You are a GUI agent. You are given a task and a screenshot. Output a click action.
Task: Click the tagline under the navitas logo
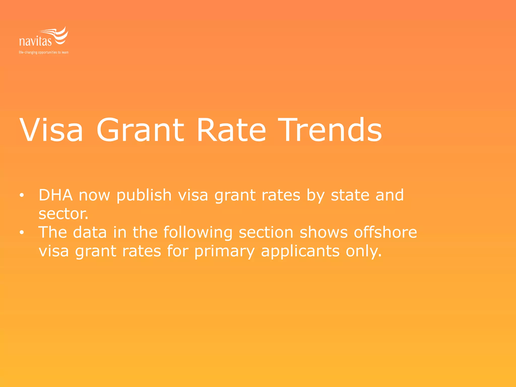click(44, 52)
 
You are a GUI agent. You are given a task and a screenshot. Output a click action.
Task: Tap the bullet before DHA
click(22, 195)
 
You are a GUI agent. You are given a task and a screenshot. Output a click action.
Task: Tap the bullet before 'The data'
click(22, 232)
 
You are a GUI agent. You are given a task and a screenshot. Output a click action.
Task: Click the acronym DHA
click(56, 195)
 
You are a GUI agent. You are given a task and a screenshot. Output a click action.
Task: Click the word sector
click(63, 214)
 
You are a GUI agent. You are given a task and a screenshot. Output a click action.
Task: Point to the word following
click(198, 232)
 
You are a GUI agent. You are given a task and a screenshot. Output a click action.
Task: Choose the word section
click(266, 232)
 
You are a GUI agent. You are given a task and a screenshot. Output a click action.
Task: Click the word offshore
click(385, 232)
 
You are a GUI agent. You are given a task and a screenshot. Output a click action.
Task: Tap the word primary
click(224, 251)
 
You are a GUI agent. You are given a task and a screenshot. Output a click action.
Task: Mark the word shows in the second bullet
click(324, 232)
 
